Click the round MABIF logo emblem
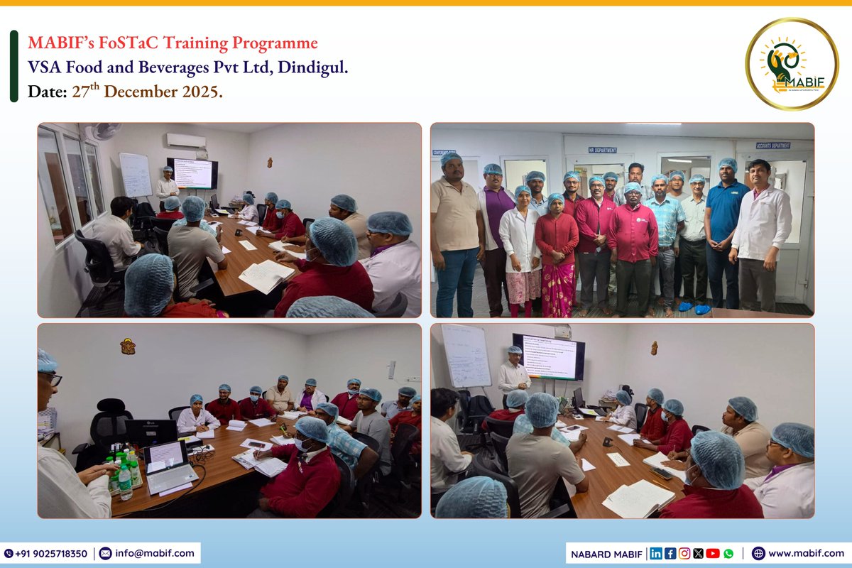[x=792, y=64]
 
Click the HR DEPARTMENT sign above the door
[x=602, y=150]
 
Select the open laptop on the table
[x=168, y=464]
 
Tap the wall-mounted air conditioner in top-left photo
[x=186, y=140]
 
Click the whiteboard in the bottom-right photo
[x=466, y=355]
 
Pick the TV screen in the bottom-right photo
[x=549, y=357]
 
